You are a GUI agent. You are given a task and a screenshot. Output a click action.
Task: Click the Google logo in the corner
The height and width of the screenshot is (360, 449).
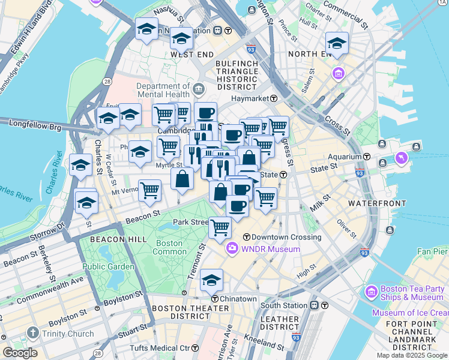[20, 353]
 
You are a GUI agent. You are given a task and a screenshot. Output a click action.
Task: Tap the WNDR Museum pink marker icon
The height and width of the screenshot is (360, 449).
[232, 248]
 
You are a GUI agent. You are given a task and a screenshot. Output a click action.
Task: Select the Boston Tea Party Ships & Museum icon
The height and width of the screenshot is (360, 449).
[371, 292]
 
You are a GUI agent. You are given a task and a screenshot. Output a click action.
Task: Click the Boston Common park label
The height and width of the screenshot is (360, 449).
[169, 247]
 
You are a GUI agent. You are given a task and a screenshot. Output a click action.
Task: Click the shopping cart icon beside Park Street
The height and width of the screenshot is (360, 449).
[220, 227]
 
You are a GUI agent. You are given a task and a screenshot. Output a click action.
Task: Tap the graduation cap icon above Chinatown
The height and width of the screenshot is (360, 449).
[211, 280]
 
